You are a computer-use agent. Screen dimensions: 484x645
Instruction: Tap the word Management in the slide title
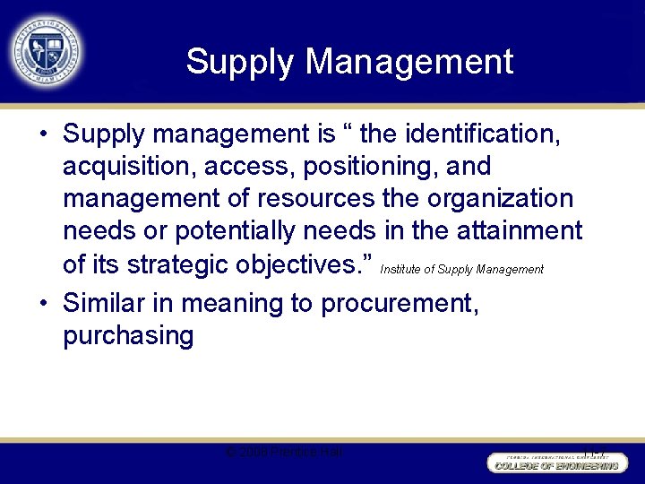coord(409,62)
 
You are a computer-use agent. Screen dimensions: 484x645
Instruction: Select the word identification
coord(483,134)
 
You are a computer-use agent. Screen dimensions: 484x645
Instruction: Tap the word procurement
coord(400,303)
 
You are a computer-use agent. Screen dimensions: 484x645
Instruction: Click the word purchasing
coord(128,336)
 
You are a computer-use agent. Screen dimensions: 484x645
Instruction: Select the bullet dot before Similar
coord(44,304)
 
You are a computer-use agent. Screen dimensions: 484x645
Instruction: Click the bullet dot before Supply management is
coord(44,135)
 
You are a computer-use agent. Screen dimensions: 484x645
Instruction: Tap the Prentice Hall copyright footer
coord(284,453)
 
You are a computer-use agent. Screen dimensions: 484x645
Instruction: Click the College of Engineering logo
coord(555,461)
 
